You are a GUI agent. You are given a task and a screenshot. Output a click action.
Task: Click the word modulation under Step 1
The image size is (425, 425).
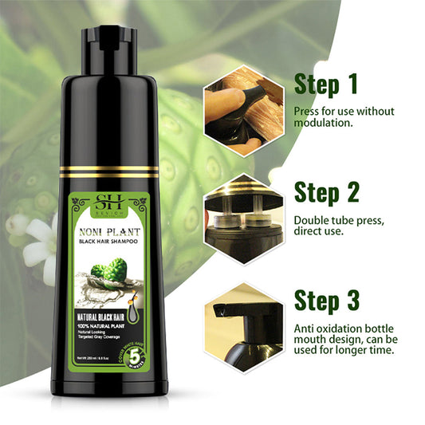pos(325,124)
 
